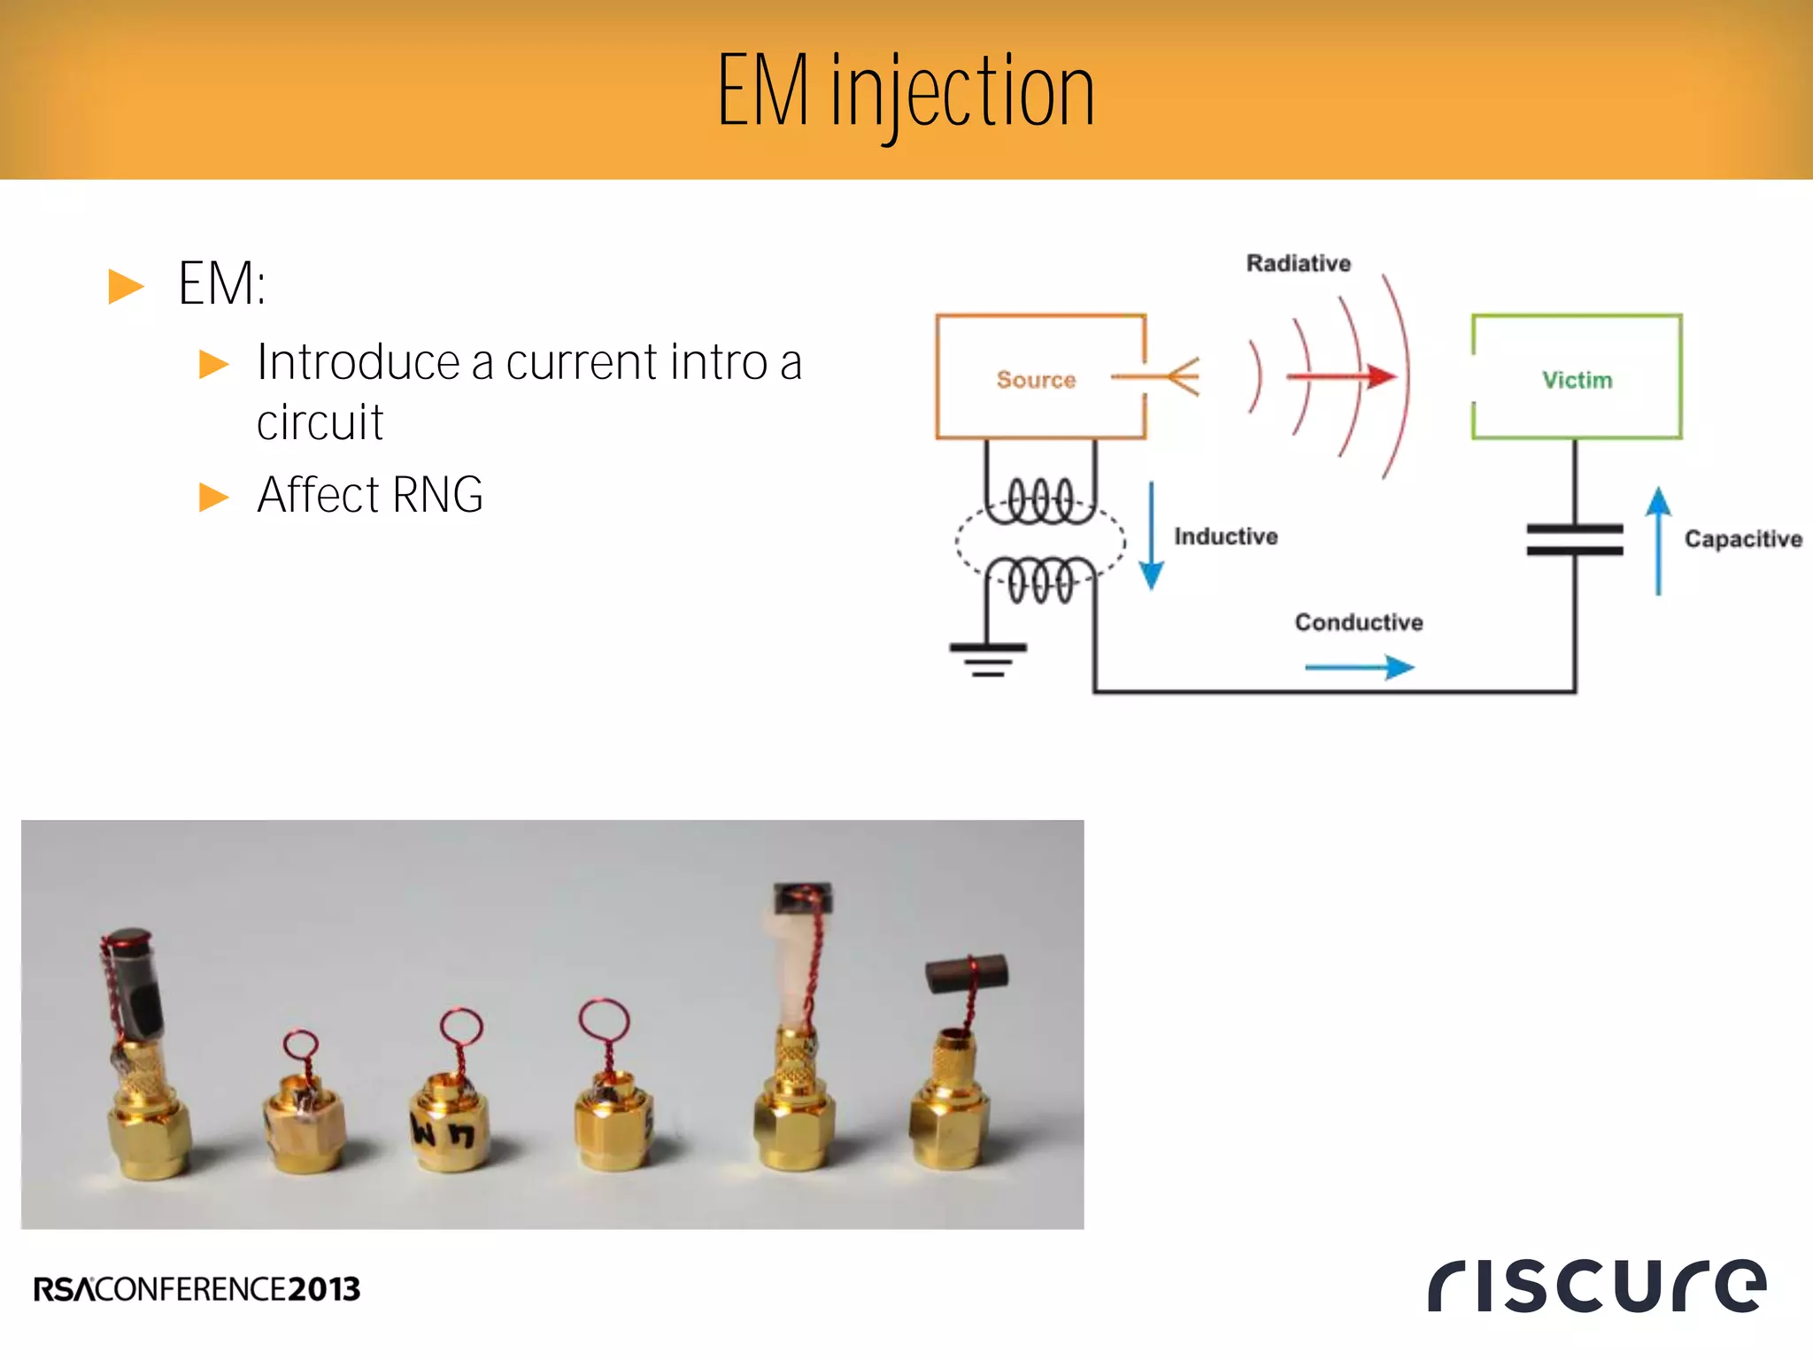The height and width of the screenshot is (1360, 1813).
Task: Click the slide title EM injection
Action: tap(906, 91)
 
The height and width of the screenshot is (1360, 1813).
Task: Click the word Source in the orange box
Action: tap(1036, 380)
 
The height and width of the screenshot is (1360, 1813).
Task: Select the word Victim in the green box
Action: tap(1577, 380)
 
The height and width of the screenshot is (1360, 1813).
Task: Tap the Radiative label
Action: tap(1298, 263)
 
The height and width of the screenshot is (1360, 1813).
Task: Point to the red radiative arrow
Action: tap(1340, 376)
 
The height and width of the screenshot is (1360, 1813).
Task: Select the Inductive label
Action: tap(1226, 537)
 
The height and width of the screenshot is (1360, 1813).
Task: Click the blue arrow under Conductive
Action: tap(1359, 667)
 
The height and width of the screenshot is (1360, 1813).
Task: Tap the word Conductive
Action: tap(1359, 622)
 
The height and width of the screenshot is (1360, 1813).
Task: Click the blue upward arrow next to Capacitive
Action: tap(1658, 540)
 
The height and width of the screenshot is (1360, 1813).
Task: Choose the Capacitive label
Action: tap(1742, 539)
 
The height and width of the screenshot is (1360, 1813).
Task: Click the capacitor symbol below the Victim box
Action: tap(1575, 539)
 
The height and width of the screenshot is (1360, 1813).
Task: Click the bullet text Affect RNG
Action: tap(370, 494)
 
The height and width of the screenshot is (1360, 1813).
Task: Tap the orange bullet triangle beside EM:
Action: tap(126, 286)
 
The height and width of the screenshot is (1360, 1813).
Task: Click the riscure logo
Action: tap(1596, 1286)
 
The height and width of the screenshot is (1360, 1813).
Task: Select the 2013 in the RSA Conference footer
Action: tap(324, 1289)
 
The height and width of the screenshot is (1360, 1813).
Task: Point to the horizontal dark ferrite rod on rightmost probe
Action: tap(967, 973)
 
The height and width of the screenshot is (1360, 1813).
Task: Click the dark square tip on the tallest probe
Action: tap(803, 898)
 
